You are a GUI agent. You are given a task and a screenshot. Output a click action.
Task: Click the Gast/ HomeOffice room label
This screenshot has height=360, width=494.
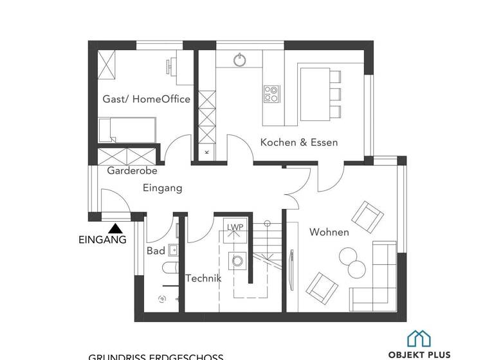coord(146,99)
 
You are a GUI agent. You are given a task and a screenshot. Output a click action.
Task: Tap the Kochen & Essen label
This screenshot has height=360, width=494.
coord(298,142)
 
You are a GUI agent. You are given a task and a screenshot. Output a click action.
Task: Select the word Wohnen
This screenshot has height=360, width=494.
coord(329,232)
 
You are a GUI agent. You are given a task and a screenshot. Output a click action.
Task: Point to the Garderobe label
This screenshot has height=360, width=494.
coord(132,171)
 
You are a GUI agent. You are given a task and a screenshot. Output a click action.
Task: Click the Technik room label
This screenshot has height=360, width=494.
coord(203,278)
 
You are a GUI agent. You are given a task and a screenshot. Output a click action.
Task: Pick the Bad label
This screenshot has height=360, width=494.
coord(156,250)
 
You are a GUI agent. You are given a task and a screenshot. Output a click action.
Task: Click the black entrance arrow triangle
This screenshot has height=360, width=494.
coord(116,228)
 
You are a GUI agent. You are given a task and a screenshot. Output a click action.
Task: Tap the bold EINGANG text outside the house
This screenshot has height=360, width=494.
coord(102,240)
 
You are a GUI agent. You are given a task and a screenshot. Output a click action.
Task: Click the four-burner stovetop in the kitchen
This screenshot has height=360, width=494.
coord(271,94)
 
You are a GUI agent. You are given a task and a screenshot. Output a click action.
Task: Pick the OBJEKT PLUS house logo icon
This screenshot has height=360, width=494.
coord(419,337)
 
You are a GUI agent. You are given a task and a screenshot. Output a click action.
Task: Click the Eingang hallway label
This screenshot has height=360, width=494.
coord(162,188)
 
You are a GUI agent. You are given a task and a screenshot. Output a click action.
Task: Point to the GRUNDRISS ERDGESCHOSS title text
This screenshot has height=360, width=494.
coord(156,356)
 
